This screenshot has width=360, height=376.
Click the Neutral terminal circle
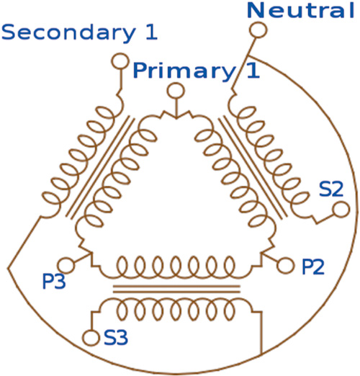(x=258, y=30)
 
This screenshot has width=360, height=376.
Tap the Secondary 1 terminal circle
(x=120, y=61)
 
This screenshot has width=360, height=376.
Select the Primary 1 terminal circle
(x=176, y=91)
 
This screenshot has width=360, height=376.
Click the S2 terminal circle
(x=341, y=210)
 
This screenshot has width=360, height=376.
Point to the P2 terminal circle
(x=285, y=266)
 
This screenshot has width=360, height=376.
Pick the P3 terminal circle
(x=66, y=266)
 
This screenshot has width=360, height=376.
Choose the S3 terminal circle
(x=91, y=338)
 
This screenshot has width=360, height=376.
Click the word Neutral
(x=301, y=11)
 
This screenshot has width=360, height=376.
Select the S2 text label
(x=331, y=189)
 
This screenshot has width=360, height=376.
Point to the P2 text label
(x=313, y=267)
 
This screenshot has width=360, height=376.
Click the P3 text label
(x=54, y=281)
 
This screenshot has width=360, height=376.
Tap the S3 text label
(x=116, y=337)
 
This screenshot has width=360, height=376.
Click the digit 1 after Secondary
(x=151, y=32)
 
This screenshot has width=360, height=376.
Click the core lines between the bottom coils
(x=176, y=289)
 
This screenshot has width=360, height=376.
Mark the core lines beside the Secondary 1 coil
(x=100, y=167)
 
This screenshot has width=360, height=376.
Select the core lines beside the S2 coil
(x=253, y=167)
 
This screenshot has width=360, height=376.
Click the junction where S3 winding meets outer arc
(x=261, y=354)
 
